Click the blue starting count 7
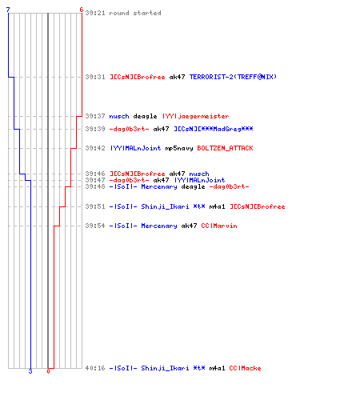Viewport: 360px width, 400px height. point(8,10)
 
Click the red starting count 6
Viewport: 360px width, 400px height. point(82,10)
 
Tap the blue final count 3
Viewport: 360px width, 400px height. point(30,371)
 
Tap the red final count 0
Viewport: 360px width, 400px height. point(48,371)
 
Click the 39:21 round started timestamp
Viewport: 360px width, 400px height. point(95,13)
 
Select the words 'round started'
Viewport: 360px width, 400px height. point(135,13)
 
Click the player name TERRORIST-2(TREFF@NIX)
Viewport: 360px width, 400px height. point(233,77)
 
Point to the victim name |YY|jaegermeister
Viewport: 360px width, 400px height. point(196,116)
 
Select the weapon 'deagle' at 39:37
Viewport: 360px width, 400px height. point(145,116)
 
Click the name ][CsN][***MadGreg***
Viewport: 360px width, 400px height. point(214,129)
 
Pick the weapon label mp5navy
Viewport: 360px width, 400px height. point(179,148)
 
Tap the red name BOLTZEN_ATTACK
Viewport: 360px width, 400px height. point(225,148)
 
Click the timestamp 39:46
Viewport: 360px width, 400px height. point(95,174)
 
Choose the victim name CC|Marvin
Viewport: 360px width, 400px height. point(219,226)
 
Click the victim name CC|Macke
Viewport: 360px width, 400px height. point(245,368)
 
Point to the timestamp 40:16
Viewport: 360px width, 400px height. point(95,368)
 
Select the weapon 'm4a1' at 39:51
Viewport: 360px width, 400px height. point(217,206)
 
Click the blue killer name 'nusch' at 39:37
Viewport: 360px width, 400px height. point(119,116)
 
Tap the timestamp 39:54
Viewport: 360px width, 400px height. point(95,226)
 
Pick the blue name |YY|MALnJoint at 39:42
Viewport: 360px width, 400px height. point(135,148)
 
